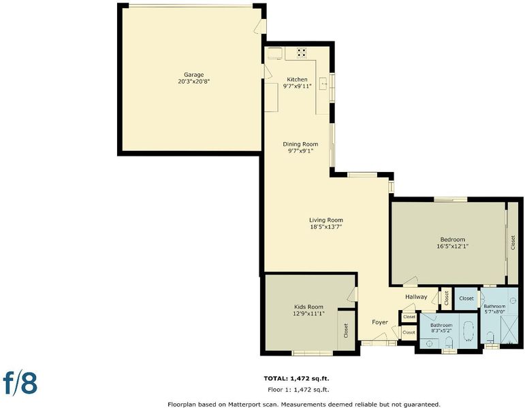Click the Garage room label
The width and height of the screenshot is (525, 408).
[x=194, y=75]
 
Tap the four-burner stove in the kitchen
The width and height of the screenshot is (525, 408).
[x=302, y=53]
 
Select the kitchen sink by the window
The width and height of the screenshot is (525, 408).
[x=323, y=83]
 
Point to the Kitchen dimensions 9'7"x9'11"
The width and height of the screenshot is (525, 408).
[x=298, y=86]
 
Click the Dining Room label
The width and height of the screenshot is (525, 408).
[x=300, y=144]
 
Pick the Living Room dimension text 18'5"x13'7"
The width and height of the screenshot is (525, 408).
[x=325, y=226]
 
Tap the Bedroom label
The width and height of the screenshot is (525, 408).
[x=452, y=239]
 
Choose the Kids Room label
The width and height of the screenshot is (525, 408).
[x=308, y=307]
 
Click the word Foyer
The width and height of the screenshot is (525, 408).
[x=380, y=322]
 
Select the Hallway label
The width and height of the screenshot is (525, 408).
[x=416, y=296]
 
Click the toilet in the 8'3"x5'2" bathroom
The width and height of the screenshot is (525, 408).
[x=449, y=342]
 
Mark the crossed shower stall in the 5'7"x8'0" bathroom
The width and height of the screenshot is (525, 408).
[x=509, y=329]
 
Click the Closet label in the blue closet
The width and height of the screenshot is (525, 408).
[x=466, y=299]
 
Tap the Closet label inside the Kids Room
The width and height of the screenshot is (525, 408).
[x=346, y=330]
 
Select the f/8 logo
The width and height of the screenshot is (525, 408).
[x=20, y=383]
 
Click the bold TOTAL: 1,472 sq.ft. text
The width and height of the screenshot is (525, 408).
[x=296, y=379]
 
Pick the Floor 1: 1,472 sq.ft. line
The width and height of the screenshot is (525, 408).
[x=298, y=389]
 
